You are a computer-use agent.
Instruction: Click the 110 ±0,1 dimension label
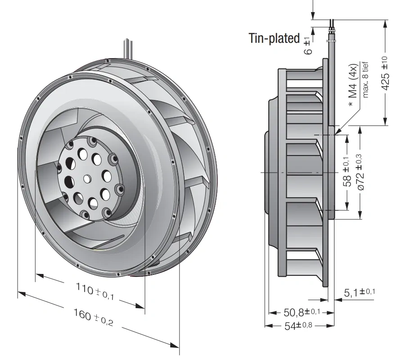click(95, 292)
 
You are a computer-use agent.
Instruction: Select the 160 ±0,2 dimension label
click(93, 317)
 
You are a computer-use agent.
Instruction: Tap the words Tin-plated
click(274, 38)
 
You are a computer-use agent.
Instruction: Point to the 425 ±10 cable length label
click(384, 73)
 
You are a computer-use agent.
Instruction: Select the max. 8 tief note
click(365, 80)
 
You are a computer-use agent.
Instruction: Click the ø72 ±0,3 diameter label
click(361, 172)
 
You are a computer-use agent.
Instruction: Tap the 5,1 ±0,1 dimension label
click(359, 292)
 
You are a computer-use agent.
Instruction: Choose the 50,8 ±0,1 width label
click(302, 312)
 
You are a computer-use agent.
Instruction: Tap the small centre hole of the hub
click(87, 178)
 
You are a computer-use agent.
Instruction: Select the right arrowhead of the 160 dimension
click(174, 345)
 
